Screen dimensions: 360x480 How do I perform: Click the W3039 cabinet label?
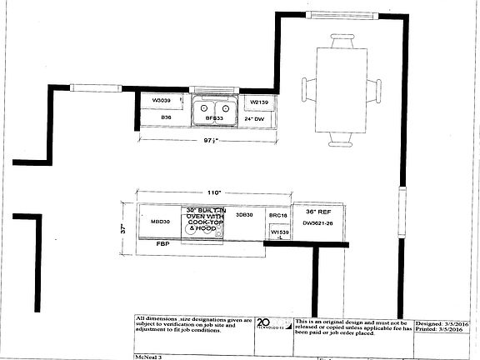tap(161, 102)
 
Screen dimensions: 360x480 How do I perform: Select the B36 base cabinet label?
tap(167, 118)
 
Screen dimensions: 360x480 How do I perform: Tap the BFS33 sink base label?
tap(213, 119)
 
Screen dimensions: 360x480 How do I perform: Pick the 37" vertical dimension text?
tap(123, 226)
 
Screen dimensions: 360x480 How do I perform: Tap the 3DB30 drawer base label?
tap(244, 215)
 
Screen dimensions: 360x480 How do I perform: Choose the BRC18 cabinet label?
tap(277, 215)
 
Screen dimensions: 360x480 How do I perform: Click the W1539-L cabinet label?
tap(277, 232)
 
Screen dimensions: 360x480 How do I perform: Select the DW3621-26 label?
tap(317, 223)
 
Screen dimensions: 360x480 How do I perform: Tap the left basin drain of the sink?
tap(204, 108)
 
